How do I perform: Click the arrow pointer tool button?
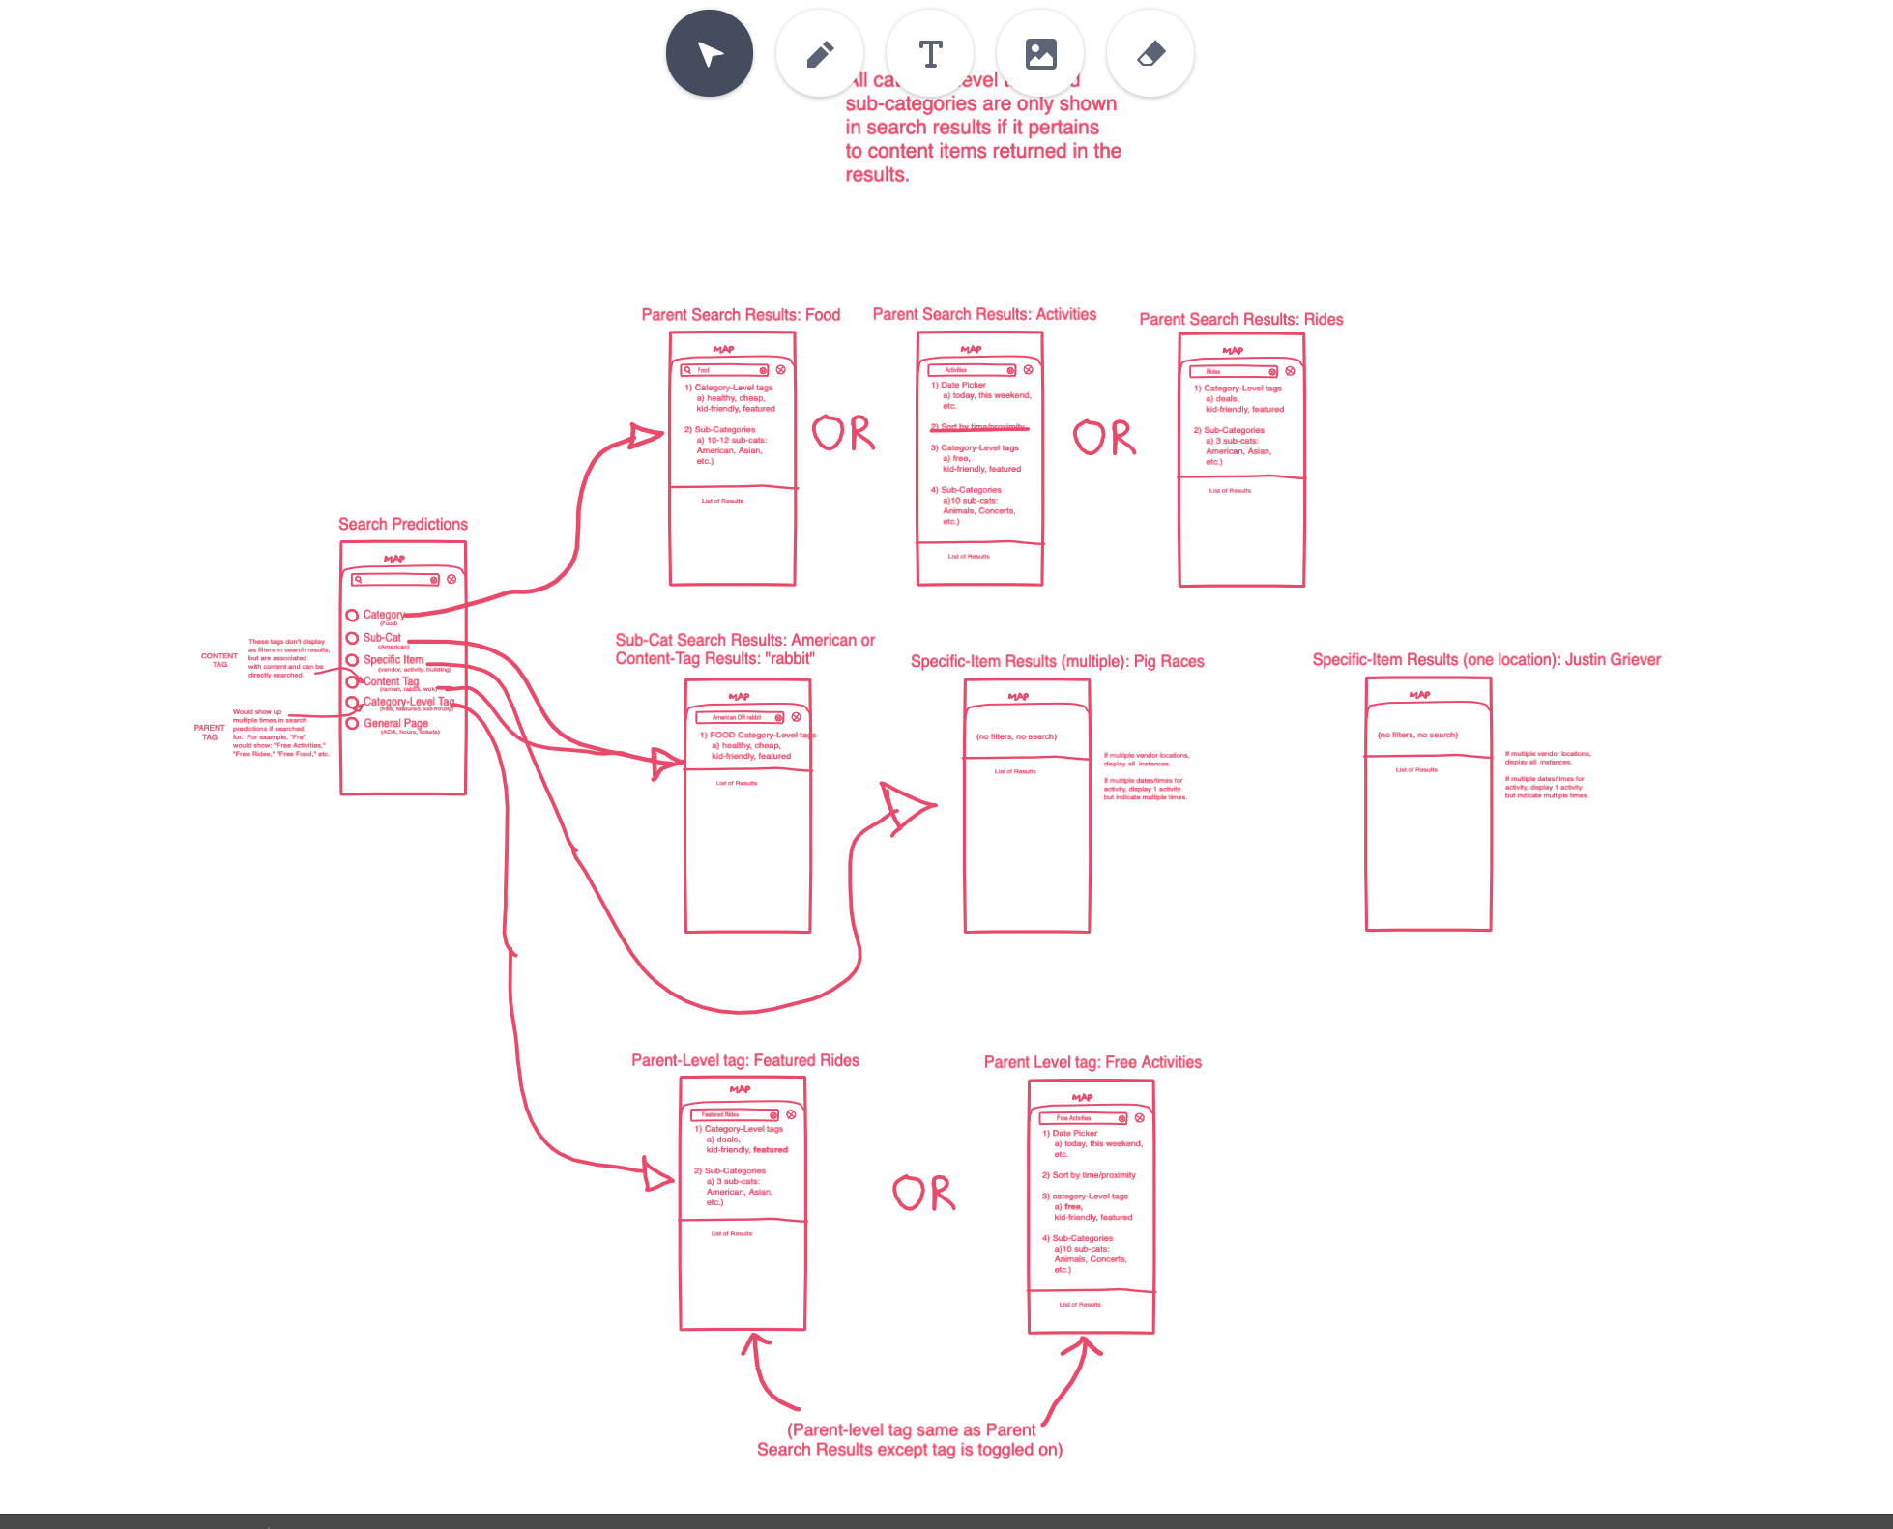coord(709,53)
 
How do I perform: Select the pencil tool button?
coord(820,53)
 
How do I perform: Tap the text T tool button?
coord(930,53)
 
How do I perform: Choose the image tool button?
coord(1040,53)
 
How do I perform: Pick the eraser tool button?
coord(1150,53)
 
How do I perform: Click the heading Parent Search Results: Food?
coord(741,315)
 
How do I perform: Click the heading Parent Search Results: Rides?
coord(1240,320)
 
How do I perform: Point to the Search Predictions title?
coord(402,524)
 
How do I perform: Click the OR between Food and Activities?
coord(843,434)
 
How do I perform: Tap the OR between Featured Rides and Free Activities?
coord(923,1194)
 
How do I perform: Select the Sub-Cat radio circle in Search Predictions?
coord(352,638)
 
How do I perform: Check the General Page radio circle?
coord(352,723)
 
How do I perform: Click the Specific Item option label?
coord(393,660)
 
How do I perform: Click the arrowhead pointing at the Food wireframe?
coord(646,436)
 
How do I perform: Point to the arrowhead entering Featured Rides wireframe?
coord(659,1176)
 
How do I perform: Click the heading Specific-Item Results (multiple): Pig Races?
coord(1057,661)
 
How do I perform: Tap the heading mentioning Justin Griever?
coord(1486,660)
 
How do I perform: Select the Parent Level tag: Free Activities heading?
coord(1092,1062)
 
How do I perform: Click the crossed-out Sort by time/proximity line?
coord(979,426)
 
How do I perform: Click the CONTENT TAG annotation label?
coord(219,659)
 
